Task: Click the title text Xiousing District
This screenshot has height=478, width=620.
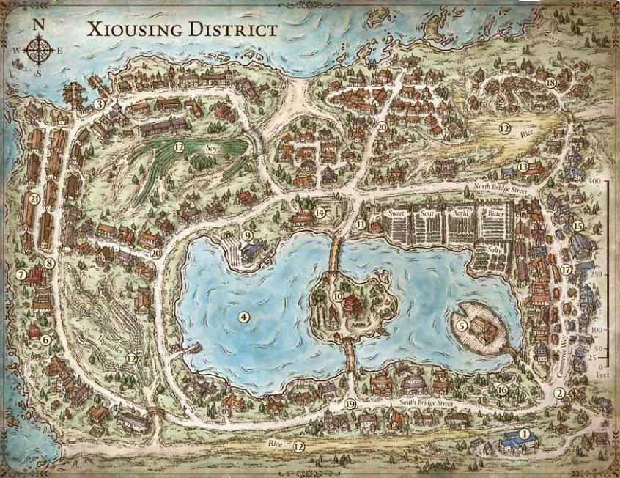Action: [x=182, y=30]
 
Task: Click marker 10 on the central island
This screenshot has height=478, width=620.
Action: [x=338, y=296]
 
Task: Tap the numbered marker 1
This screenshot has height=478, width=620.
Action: [x=523, y=433]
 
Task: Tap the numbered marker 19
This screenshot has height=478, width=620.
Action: [x=350, y=405]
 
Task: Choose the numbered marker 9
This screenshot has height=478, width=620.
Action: [x=248, y=235]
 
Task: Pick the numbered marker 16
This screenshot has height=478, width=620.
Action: [x=502, y=390]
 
